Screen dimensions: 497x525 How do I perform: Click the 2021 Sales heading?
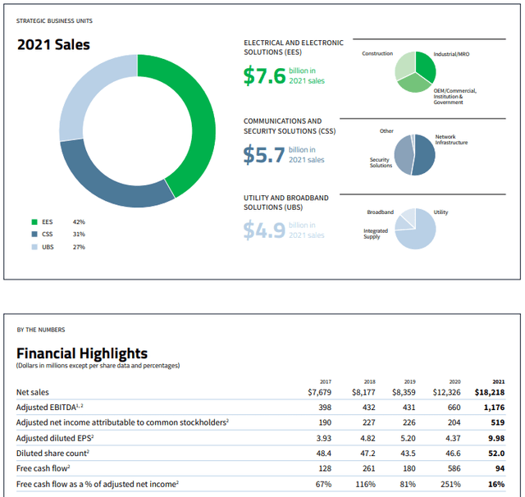click(x=54, y=44)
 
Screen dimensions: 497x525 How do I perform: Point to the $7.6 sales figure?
click(x=264, y=76)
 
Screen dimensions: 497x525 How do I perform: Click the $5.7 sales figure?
click(x=264, y=155)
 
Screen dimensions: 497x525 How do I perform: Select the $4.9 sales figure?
click(x=264, y=230)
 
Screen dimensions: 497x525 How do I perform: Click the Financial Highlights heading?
click(x=82, y=353)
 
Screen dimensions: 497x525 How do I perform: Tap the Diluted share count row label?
click(x=57, y=453)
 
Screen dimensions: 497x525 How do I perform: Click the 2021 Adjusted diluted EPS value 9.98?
click(x=495, y=438)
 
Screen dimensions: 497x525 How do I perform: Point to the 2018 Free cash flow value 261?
click(x=367, y=468)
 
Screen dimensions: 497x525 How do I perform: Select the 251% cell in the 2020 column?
click(x=451, y=484)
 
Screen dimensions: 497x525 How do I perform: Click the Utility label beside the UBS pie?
click(x=441, y=212)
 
